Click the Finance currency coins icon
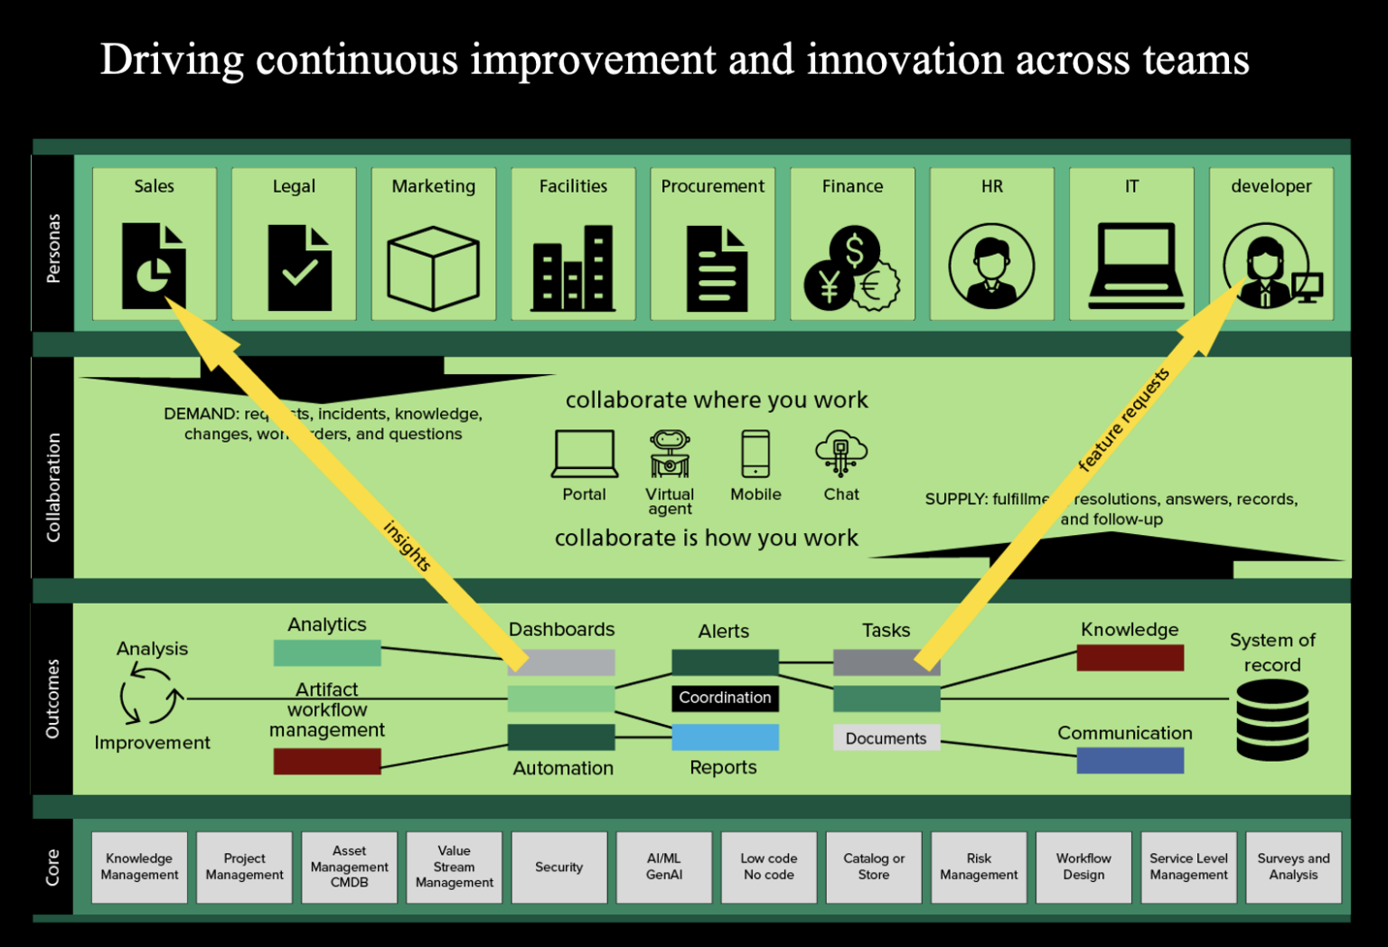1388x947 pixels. pyautogui.click(x=851, y=268)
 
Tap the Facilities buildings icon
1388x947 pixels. pyautogui.click(x=573, y=268)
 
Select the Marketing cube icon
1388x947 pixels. pyautogui.click(x=433, y=268)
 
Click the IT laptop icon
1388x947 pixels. pyautogui.click(x=1135, y=267)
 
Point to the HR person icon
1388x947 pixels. pyautogui.click(x=991, y=267)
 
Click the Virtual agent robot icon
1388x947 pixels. pyautogui.click(x=670, y=454)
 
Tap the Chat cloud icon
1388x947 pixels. pyautogui.click(x=840, y=453)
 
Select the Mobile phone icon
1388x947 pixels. pyautogui.click(x=755, y=454)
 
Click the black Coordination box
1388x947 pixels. pyautogui.click(x=725, y=698)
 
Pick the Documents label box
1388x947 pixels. pyautogui.click(x=886, y=738)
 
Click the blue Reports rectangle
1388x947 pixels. pyautogui.click(x=725, y=737)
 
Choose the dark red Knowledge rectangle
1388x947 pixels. pyautogui.click(x=1130, y=658)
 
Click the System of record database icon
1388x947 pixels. pyautogui.click(x=1272, y=720)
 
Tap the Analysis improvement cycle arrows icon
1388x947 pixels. pyautogui.click(x=151, y=696)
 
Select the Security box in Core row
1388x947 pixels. pyautogui.click(x=559, y=867)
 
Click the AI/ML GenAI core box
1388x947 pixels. pyautogui.click(x=664, y=867)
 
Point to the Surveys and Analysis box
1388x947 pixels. pyautogui.click(x=1293, y=867)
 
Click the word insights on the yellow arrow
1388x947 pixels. pyautogui.click(x=407, y=546)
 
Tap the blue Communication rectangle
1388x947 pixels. pyautogui.click(x=1130, y=761)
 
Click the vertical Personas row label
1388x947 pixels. pyautogui.click(x=53, y=248)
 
